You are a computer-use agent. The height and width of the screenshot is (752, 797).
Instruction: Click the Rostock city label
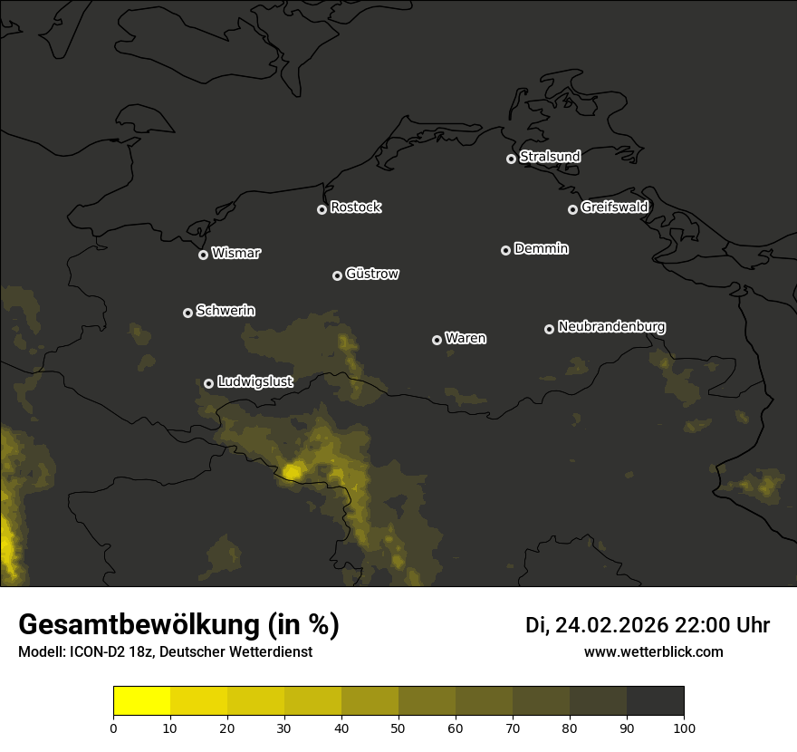coord(356,207)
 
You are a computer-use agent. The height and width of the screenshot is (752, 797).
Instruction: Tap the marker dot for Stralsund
coord(511,159)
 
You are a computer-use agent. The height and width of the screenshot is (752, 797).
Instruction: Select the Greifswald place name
coord(614,207)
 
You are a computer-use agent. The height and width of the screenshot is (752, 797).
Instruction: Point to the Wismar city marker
coord(203,255)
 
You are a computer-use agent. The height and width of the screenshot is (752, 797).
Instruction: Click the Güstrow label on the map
coord(372,274)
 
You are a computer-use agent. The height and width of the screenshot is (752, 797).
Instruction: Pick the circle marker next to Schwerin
coord(187,313)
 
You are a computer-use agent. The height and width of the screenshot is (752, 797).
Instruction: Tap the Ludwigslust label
coord(254,382)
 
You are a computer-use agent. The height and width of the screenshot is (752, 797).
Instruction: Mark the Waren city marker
coord(437,340)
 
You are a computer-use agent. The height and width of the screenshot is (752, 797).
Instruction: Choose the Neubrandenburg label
coord(611,327)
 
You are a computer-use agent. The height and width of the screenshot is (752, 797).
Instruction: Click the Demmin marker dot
coord(505,250)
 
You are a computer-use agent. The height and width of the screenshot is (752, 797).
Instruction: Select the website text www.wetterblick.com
coord(653,652)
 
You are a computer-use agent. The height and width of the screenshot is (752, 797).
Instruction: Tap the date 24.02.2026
coord(611,625)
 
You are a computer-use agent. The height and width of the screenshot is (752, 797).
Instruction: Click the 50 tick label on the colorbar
coord(398,728)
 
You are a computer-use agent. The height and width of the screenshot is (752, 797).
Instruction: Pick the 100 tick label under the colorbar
coord(684,728)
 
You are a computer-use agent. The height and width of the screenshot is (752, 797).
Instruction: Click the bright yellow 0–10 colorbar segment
coord(142,701)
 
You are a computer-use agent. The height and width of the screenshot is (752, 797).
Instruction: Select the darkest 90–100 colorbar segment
coord(655,701)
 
